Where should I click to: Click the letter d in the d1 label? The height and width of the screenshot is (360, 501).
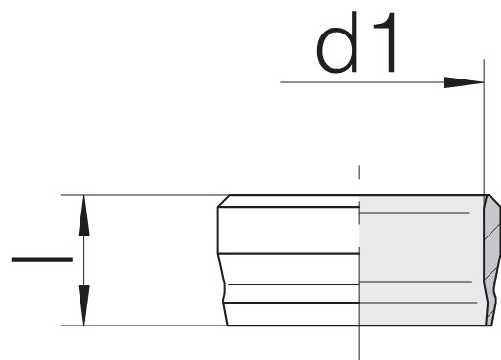(x=337, y=43)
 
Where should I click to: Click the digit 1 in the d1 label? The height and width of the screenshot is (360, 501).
(x=385, y=42)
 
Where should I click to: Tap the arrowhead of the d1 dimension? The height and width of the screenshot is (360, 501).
(x=464, y=82)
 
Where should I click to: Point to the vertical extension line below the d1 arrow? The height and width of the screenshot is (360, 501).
(x=484, y=127)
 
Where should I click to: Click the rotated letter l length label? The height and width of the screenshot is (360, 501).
(x=42, y=259)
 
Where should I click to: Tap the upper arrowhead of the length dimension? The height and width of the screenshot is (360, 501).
(x=83, y=215)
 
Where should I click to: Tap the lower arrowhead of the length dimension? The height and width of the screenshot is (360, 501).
(x=83, y=305)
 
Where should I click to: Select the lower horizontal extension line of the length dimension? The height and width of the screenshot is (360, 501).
(x=144, y=326)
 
